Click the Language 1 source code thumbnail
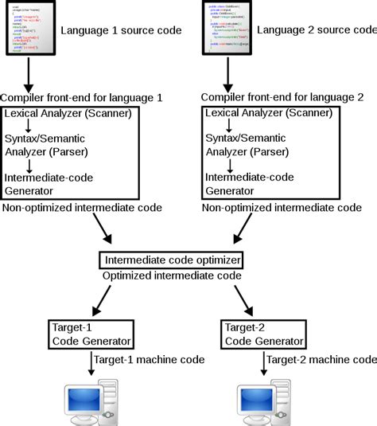[32, 29]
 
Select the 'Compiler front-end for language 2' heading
[282, 97]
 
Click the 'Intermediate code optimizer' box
[170, 260]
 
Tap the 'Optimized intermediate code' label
[171, 275]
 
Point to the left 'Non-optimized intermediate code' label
[83, 208]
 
